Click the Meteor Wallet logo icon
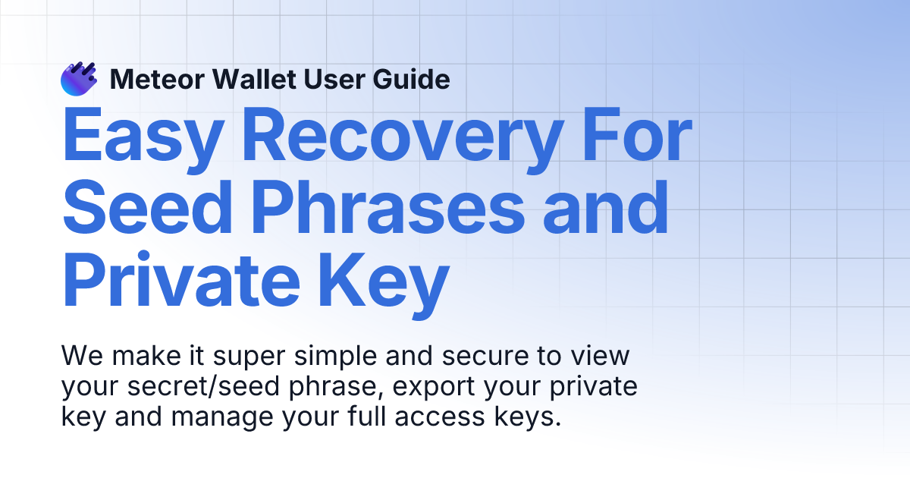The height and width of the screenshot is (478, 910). [78, 79]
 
